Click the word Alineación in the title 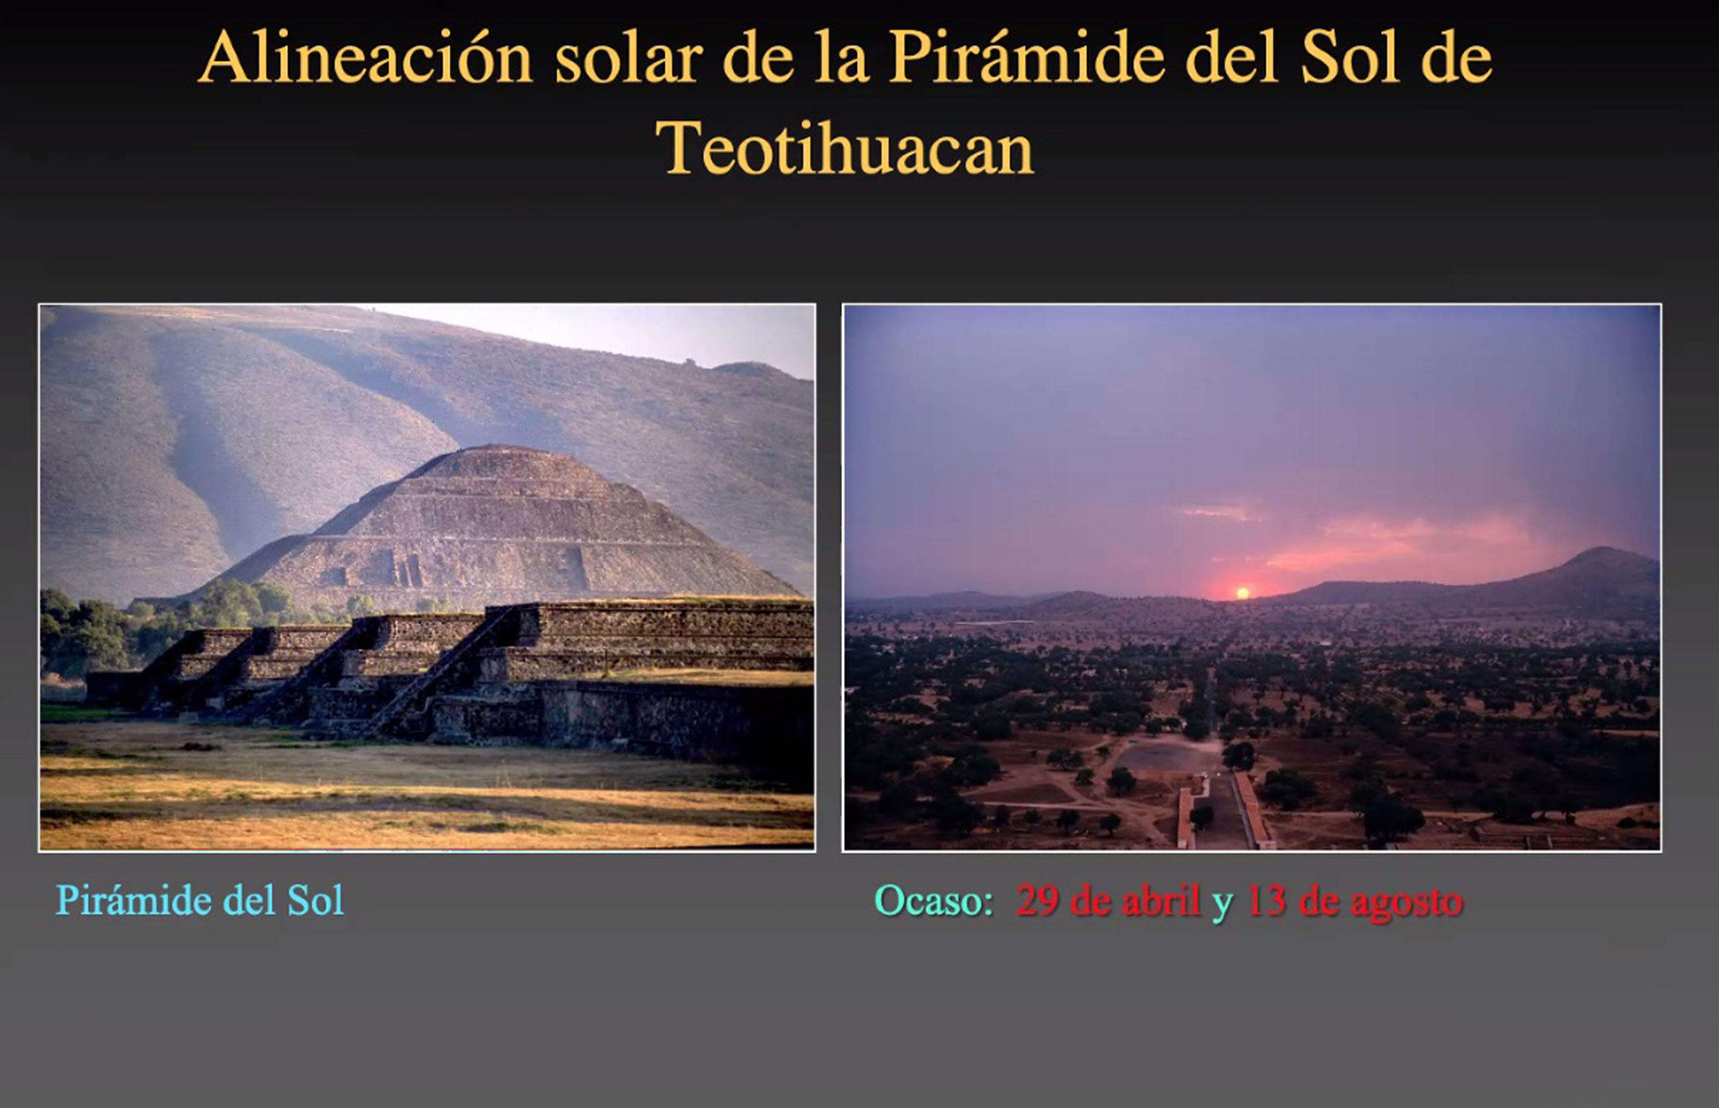coord(365,58)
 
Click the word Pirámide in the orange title coord(1027,58)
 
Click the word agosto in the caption coord(1406,902)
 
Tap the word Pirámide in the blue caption coord(135,900)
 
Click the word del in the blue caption coord(250,900)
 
